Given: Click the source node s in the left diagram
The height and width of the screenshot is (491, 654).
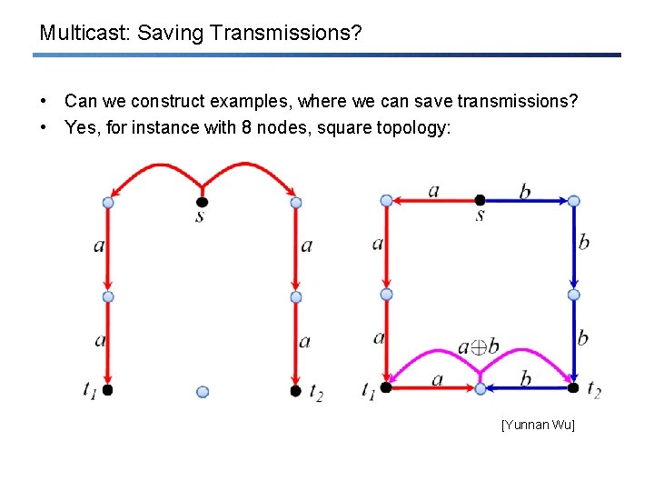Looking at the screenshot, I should point(202,201).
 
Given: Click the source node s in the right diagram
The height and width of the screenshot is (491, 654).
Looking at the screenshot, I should point(481,199).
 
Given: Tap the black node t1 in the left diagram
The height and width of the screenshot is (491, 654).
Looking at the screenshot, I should point(107,389).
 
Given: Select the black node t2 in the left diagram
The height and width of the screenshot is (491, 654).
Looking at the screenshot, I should point(295,390).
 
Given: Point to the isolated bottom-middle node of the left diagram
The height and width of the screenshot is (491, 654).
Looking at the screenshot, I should point(202,392).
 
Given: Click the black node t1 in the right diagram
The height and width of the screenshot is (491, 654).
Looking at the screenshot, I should point(385,387).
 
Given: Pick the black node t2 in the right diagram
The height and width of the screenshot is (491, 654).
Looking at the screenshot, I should point(573,387).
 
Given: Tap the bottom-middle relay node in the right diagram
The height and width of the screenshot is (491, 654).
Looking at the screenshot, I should point(481,388).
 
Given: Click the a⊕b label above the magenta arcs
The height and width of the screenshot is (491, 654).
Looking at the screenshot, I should point(478,346).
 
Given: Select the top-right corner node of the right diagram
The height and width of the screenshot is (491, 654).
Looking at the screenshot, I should point(573,201).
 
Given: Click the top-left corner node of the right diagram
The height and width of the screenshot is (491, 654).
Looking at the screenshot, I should point(386,200).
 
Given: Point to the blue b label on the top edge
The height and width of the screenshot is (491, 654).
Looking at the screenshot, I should point(526,191).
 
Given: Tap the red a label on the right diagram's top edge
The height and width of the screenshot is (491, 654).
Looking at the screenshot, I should point(433,190).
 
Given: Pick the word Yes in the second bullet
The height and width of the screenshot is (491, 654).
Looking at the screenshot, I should point(80,127).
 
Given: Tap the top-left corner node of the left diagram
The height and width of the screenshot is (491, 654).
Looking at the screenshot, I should point(108,203).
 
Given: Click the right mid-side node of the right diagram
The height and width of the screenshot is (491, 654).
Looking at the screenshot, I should point(573,295).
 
